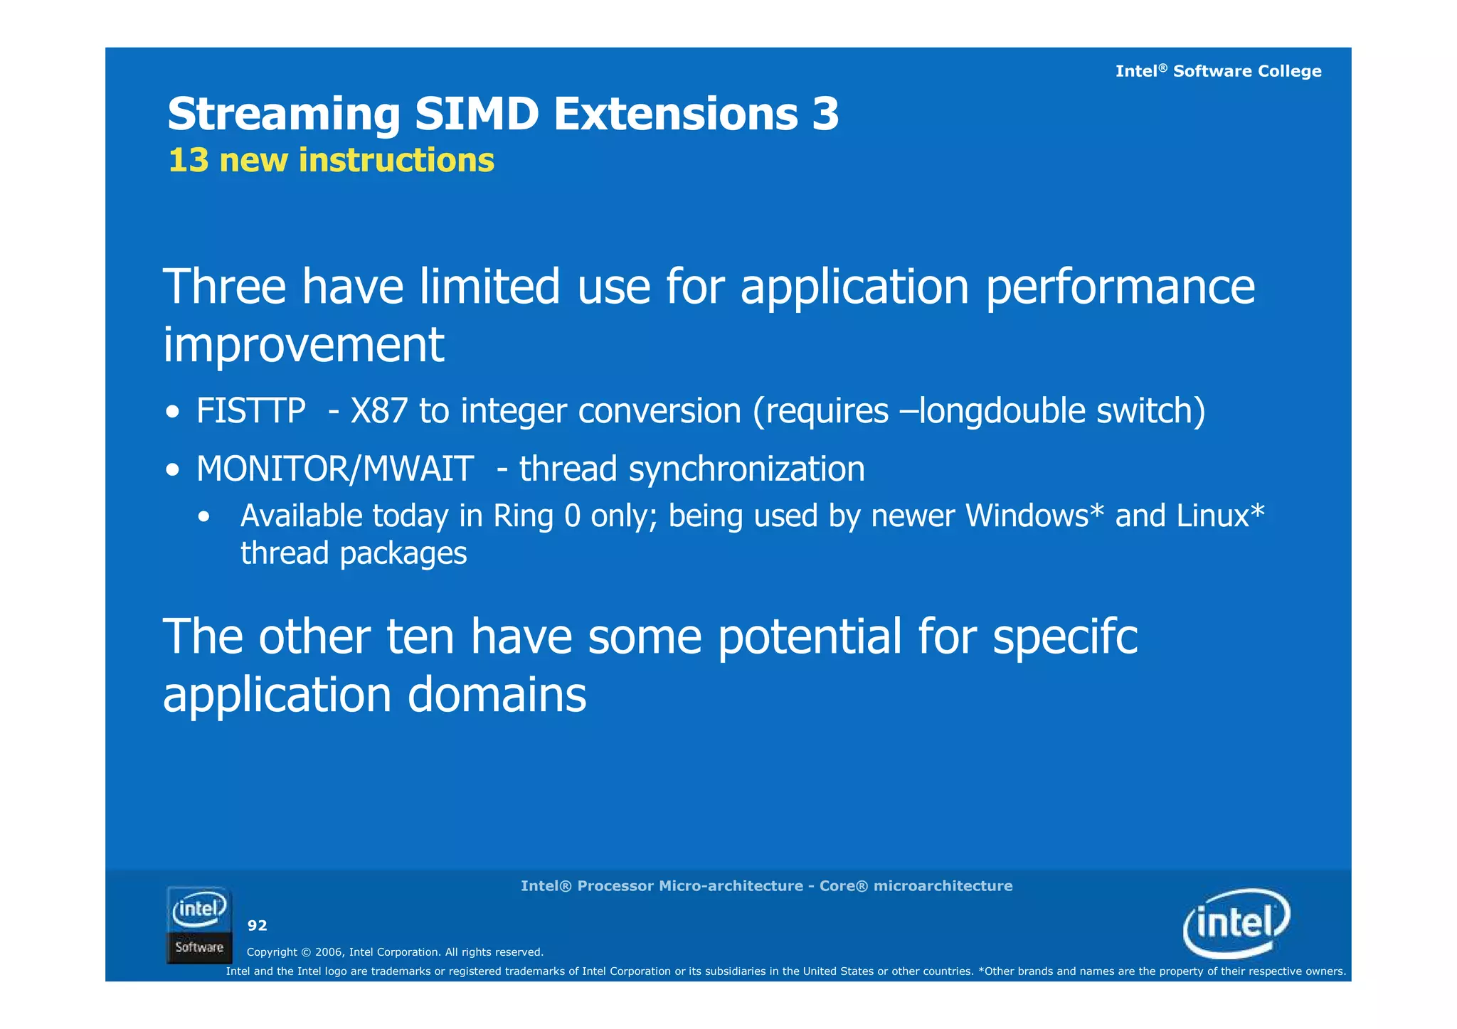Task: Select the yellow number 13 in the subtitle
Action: pos(189,160)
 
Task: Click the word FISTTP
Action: pos(250,411)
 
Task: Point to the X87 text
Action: pos(378,411)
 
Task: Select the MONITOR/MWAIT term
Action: pos(334,469)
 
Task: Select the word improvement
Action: pos(304,345)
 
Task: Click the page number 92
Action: pos(257,925)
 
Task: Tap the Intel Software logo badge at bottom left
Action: pos(199,925)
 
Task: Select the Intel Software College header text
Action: pos(1218,71)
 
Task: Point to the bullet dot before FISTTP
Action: pos(173,413)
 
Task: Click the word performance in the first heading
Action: pos(1120,287)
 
